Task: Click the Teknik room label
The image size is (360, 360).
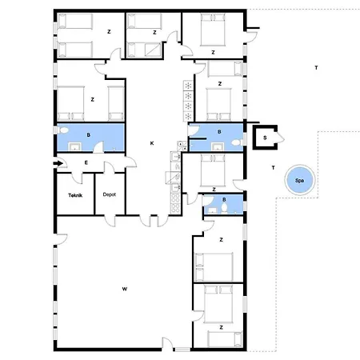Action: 74,194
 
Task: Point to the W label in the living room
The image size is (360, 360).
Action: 125,288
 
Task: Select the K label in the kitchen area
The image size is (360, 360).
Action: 152,143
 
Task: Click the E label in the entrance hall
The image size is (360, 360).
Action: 86,162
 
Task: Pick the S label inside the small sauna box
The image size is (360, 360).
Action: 264,138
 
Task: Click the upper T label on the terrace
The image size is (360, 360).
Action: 316,67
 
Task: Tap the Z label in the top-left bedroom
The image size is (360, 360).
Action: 108,31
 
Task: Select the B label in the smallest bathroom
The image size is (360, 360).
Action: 223,199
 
